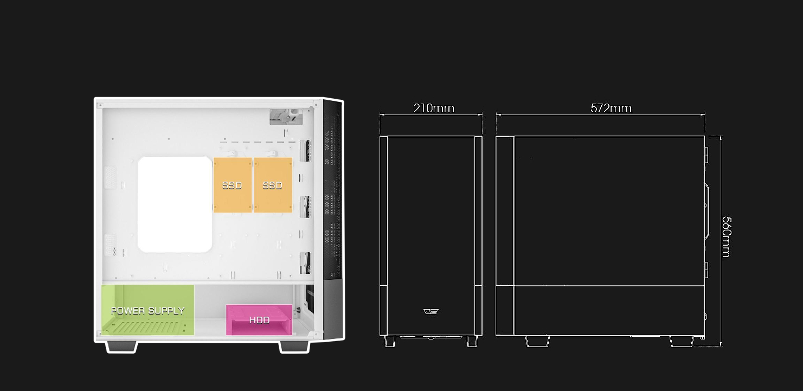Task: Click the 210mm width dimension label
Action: (x=434, y=108)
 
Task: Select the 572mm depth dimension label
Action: (x=611, y=108)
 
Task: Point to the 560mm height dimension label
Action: (x=726, y=237)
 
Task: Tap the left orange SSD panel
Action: (x=233, y=185)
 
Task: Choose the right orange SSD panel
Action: (x=273, y=185)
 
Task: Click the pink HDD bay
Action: (x=259, y=319)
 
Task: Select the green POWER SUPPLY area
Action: (x=147, y=310)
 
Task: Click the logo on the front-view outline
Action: (x=431, y=311)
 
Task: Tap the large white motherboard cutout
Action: (x=175, y=204)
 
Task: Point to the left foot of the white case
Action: (x=122, y=347)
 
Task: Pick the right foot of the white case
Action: (x=294, y=347)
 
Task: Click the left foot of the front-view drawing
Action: (x=390, y=341)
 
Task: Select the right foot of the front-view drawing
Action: (x=472, y=341)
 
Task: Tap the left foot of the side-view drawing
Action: (x=537, y=341)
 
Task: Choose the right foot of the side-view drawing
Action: (x=682, y=342)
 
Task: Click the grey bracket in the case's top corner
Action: (x=286, y=117)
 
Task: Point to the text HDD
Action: (x=259, y=320)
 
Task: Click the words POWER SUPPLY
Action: (x=147, y=310)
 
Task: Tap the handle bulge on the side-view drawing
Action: (x=707, y=211)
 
